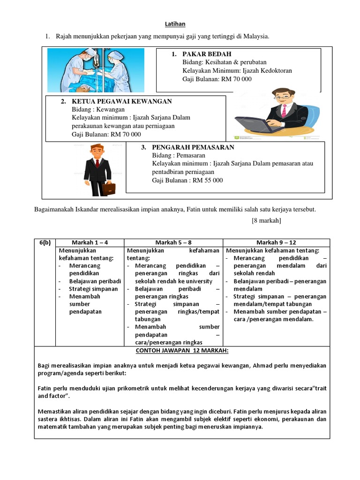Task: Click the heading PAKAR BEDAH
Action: click(x=207, y=54)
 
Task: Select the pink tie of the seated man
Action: click(x=284, y=111)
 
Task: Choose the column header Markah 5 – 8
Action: click(x=173, y=242)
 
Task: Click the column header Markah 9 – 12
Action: click(x=276, y=242)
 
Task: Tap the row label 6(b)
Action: click(x=45, y=242)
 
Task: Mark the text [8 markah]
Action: click(x=262, y=220)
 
